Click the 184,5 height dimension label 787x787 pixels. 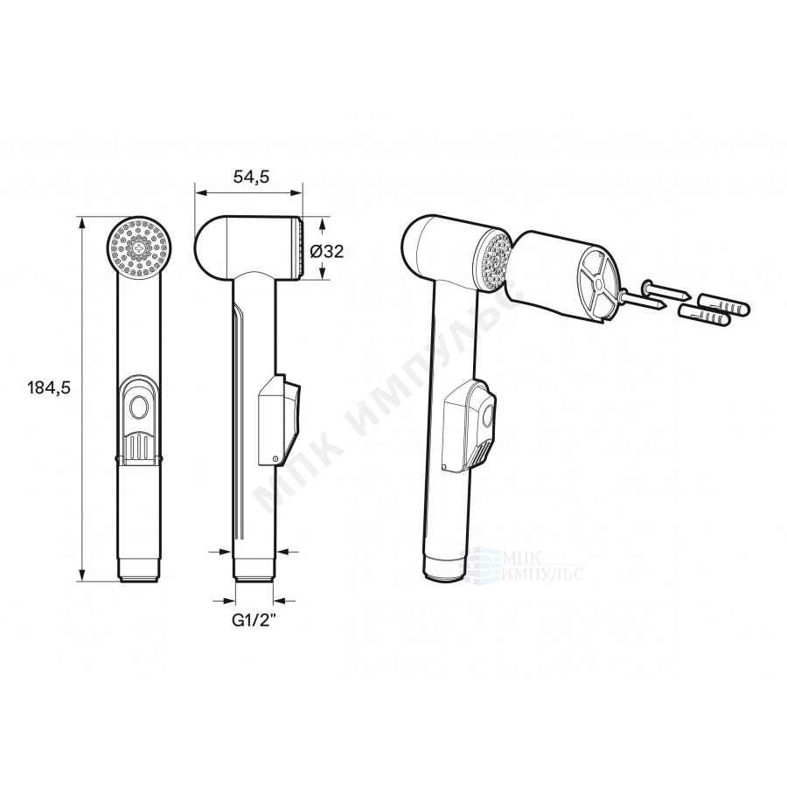(x=49, y=388)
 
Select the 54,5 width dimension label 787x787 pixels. (x=251, y=177)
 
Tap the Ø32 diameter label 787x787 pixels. (x=327, y=251)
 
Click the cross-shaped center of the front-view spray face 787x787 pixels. (x=139, y=247)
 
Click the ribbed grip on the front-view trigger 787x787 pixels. (x=140, y=445)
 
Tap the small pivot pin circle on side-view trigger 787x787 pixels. (x=275, y=458)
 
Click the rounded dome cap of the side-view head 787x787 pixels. (x=211, y=247)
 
